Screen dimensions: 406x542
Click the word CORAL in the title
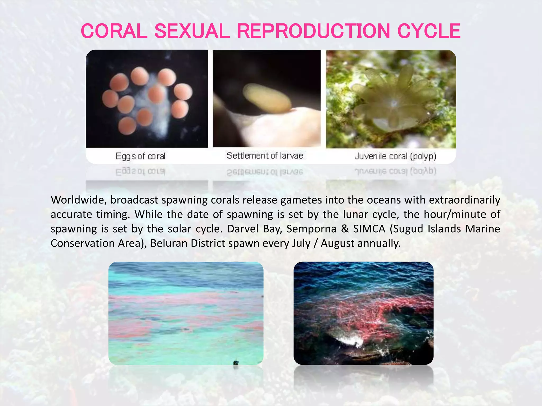[x=114, y=31]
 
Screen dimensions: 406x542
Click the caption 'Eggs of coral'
[x=141, y=156]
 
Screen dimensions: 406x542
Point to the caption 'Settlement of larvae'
[x=265, y=155]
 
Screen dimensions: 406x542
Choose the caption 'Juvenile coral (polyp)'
[x=395, y=156]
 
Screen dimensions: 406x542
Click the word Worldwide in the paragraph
[x=78, y=200]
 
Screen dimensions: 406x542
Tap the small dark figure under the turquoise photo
[x=236, y=363]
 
